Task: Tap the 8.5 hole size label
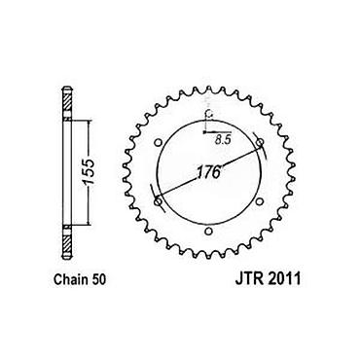click(223, 140)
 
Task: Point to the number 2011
click(283, 279)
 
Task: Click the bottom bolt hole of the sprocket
click(209, 232)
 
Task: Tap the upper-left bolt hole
click(159, 142)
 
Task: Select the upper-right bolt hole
click(260, 142)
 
